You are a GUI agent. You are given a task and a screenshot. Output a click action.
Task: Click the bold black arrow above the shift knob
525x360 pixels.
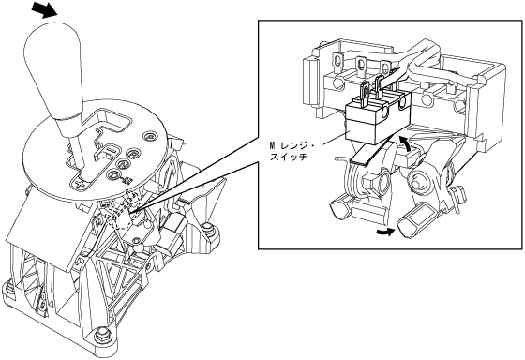pos(44,8)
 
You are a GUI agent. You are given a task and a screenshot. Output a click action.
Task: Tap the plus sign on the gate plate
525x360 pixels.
pos(80,183)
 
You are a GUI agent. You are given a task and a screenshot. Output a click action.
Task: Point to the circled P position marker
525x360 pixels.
pos(149,136)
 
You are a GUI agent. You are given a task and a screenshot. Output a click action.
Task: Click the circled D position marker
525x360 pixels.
pos(113,174)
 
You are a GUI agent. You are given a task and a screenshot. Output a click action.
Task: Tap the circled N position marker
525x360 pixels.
pos(123,164)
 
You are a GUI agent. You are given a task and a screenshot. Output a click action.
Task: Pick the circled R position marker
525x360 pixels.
pos(133,155)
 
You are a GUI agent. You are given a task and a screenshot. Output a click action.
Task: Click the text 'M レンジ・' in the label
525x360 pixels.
pos(292,146)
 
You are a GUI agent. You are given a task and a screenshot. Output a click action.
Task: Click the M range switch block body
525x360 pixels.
pos(379,121)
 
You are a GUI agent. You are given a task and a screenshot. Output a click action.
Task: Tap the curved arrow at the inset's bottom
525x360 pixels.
pos(385,232)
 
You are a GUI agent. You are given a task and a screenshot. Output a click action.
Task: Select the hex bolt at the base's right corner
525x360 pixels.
pos(208,230)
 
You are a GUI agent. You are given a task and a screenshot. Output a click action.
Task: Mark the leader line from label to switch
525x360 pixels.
pos(336,139)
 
